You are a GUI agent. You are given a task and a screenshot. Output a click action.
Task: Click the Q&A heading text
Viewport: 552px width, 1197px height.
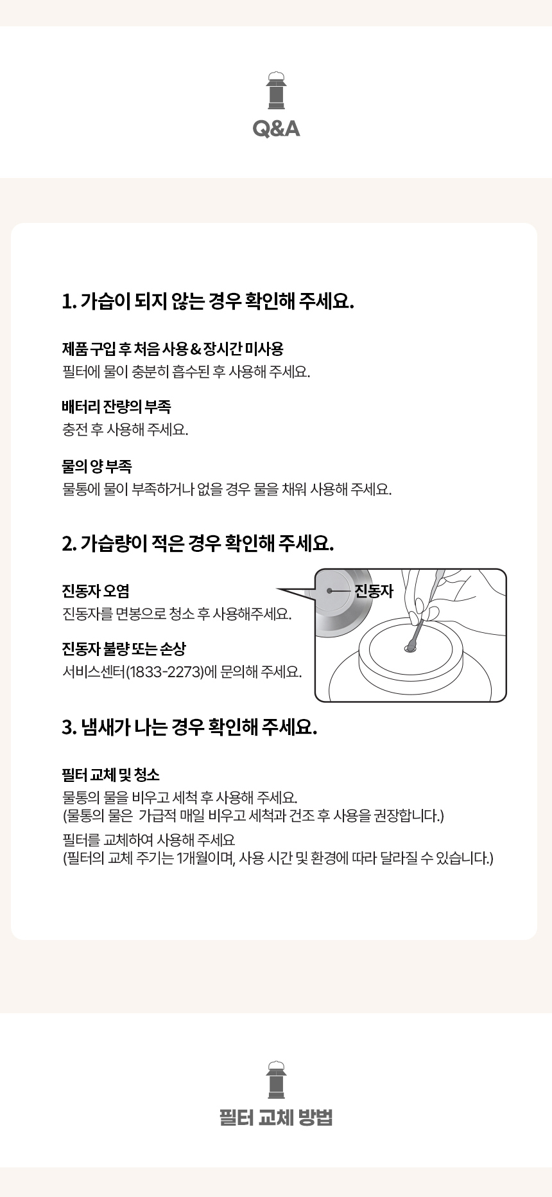coord(276,129)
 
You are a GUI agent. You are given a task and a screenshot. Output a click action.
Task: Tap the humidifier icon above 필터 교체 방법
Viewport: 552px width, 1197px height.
coord(276,1079)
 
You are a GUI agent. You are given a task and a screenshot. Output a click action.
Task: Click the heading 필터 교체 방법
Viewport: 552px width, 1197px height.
coord(276,1118)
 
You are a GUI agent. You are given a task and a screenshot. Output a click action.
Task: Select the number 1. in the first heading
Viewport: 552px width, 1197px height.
coord(69,301)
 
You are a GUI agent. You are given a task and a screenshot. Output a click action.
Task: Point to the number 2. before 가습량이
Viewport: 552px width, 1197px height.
coord(69,544)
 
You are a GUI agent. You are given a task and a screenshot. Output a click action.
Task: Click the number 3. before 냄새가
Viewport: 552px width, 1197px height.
coord(69,728)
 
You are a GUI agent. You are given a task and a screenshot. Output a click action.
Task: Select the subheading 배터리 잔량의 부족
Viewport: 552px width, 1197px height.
coord(116,407)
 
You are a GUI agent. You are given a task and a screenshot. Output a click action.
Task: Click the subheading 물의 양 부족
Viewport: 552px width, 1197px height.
coord(97,466)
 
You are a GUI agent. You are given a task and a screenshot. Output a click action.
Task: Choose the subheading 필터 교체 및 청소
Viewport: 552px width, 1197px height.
coord(111,775)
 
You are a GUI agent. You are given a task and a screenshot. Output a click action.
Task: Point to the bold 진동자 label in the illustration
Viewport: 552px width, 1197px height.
coord(374,590)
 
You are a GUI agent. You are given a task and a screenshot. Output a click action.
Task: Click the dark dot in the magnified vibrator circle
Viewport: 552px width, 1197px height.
coord(330,590)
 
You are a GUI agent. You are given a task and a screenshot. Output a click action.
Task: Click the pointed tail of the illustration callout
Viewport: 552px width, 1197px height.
coord(278,589)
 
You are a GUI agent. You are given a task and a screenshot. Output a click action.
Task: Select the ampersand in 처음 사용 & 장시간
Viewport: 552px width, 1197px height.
coord(195,350)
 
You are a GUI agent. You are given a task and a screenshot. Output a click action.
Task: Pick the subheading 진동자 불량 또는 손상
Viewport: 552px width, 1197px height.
coord(124,649)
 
